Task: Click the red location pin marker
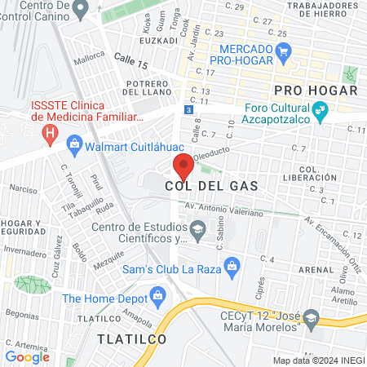(x=183, y=166)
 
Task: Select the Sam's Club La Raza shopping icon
(x=232, y=264)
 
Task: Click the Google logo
(x=27, y=356)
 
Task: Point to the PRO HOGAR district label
(x=316, y=89)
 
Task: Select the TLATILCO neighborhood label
(x=131, y=338)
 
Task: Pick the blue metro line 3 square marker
(x=188, y=108)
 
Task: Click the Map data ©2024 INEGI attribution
(x=318, y=360)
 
